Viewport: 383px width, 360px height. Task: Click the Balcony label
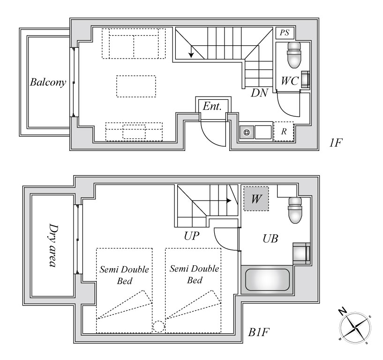[x=48, y=82]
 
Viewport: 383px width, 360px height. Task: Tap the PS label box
[x=285, y=33]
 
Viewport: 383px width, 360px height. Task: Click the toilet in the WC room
[x=294, y=55]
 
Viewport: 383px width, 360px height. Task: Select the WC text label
[x=290, y=81]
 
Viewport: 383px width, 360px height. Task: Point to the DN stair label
[x=259, y=93]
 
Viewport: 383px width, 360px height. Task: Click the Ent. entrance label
[x=212, y=106]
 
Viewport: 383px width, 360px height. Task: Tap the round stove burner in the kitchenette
[x=247, y=132]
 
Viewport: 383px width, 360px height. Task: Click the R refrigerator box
[x=284, y=131]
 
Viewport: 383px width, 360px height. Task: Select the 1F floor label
[x=335, y=142]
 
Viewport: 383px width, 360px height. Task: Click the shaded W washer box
[x=256, y=199]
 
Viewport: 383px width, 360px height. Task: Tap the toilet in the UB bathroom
[x=295, y=210]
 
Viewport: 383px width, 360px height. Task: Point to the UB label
[x=270, y=239]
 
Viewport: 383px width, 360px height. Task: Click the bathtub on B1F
[x=267, y=280]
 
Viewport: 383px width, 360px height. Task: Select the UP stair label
[x=191, y=236]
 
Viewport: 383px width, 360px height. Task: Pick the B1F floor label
[x=259, y=332]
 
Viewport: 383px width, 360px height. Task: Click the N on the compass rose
[x=343, y=311]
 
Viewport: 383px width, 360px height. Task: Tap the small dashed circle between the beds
[x=159, y=327]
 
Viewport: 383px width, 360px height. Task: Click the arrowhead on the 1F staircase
[x=191, y=55]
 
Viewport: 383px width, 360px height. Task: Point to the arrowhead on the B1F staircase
[x=229, y=201]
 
